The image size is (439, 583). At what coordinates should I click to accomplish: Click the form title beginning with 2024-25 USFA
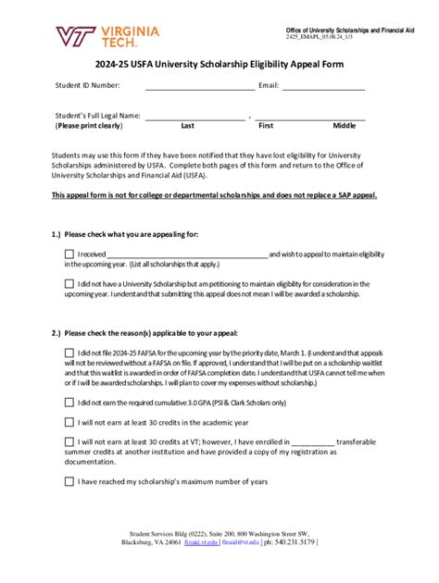(x=219, y=66)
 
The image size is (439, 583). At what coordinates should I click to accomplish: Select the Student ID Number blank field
(x=199, y=86)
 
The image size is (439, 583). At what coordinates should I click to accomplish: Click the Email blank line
(x=323, y=86)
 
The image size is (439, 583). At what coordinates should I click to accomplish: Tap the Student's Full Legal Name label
(x=98, y=116)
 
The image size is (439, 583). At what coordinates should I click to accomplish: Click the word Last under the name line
(x=187, y=126)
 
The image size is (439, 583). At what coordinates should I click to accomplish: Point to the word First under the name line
(x=266, y=126)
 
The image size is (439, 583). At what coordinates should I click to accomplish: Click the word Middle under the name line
(x=344, y=126)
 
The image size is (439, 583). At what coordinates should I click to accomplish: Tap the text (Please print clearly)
(x=89, y=126)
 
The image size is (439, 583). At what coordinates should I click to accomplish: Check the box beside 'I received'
(x=69, y=254)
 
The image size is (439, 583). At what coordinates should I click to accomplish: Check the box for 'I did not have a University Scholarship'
(x=69, y=284)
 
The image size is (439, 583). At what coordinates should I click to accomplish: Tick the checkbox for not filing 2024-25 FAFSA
(x=69, y=353)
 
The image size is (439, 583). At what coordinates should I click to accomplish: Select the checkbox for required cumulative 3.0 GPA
(x=69, y=403)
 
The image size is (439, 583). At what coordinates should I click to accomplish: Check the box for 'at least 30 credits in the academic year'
(x=69, y=423)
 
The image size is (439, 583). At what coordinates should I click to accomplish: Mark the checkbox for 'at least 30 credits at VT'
(x=69, y=443)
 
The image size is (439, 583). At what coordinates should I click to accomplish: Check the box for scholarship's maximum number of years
(x=69, y=481)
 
